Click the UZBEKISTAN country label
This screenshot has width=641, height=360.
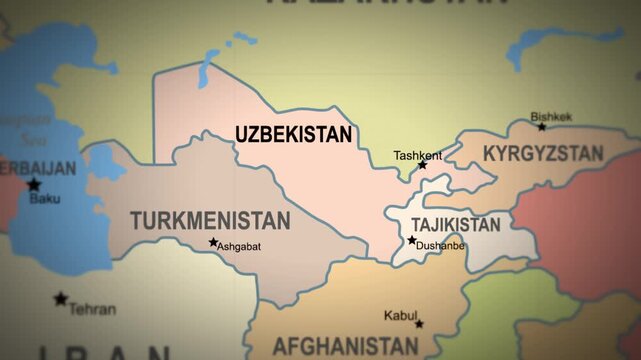pos(293,133)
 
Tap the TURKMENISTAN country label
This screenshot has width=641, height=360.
pos(210,219)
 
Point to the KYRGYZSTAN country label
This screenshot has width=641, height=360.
pos(543,154)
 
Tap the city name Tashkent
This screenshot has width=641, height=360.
pos(417,155)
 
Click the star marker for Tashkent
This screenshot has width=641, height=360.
pos(422,165)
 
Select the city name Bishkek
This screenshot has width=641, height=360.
pos(551,117)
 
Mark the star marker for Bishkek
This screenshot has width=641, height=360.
pos(542,127)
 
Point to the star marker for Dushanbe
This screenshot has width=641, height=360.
pos(412,240)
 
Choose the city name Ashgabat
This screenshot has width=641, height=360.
pos(239,246)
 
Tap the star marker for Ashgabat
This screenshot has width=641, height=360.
pos(213,243)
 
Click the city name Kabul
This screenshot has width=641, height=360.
pos(401,315)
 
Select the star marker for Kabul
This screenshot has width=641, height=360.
pos(419,323)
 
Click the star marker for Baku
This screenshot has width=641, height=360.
pos(34,185)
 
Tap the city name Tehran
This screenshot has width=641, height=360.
pos(92,309)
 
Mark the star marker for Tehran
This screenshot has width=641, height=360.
pos(61,299)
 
